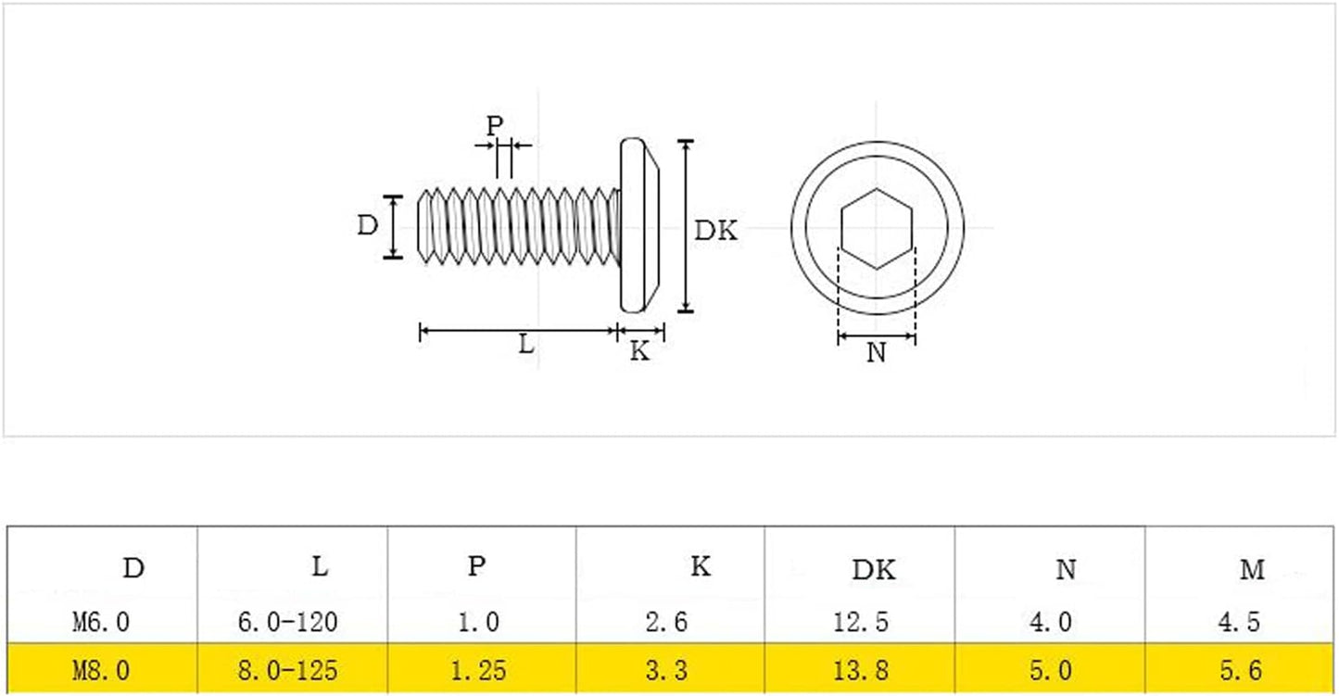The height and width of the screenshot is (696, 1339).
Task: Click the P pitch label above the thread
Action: point(494,125)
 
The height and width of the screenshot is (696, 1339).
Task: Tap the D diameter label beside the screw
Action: point(368,225)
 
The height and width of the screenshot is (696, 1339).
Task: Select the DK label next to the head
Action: point(715,231)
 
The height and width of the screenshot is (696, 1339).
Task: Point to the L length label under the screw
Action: point(526,344)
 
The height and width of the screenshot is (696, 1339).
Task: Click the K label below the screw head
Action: point(639,351)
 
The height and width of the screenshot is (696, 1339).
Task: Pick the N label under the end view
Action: point(877,353)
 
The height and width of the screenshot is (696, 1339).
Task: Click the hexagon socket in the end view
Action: point(877,229)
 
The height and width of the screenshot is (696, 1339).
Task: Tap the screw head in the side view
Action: point(639,225)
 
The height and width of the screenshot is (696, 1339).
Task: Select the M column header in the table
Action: point(1252,570)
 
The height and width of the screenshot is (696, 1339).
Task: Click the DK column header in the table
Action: point(874,571)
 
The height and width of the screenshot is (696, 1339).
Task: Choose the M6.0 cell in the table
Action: point(101,623)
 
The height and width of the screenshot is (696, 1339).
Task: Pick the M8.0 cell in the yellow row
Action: point(101,670)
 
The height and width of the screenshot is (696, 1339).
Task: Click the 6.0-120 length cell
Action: point(287,623)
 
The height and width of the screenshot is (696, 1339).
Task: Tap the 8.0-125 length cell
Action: point(287,670)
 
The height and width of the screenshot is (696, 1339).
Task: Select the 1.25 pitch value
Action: point(478,670)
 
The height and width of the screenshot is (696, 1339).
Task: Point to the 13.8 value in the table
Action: point(861,670)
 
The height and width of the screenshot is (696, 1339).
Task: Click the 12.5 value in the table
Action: point(861,623)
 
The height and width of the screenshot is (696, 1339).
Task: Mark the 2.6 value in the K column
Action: point(666,623)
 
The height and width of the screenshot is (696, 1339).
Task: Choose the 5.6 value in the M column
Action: point(1241,670)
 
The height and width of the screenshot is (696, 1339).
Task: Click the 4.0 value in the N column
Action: point(1050,623)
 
